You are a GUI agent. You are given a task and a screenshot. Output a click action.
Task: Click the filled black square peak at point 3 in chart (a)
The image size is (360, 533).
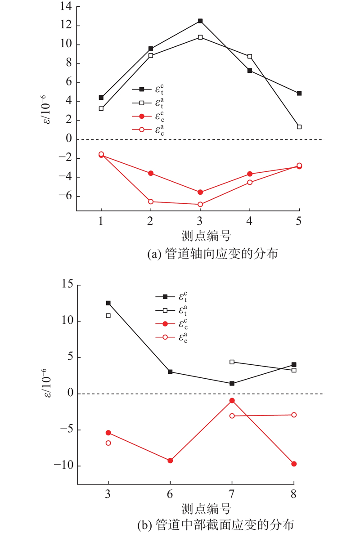pos(200,21)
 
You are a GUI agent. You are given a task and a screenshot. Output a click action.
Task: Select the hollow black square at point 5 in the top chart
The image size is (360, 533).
pos(299,127)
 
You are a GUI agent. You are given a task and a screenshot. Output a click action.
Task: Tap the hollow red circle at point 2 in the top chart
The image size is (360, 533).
pos(151,202)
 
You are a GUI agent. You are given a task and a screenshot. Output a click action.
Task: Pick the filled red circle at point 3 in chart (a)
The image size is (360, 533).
pos(200,192)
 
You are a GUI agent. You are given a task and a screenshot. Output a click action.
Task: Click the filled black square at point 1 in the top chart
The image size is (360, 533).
pos(101,98)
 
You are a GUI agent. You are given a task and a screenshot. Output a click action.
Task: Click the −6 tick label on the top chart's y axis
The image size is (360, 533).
pos(64,197)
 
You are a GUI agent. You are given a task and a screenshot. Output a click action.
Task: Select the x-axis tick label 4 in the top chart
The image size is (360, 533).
pos(250,221)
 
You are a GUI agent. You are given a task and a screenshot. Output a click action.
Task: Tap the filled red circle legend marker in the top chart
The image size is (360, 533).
pos(142,117)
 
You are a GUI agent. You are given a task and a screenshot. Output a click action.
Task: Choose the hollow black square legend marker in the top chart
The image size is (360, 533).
pos(142,103)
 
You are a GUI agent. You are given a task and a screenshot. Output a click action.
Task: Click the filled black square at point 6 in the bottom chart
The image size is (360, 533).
pos(170,372)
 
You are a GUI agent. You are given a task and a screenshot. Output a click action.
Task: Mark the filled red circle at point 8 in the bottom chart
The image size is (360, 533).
pos(294,464)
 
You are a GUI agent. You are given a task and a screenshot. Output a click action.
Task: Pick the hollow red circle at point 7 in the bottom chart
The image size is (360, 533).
pos(232,416)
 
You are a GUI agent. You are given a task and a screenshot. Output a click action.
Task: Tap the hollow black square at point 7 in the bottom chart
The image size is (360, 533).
pos(232,362)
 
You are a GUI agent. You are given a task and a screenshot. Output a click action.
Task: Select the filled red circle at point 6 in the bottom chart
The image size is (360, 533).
pos(170,461)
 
